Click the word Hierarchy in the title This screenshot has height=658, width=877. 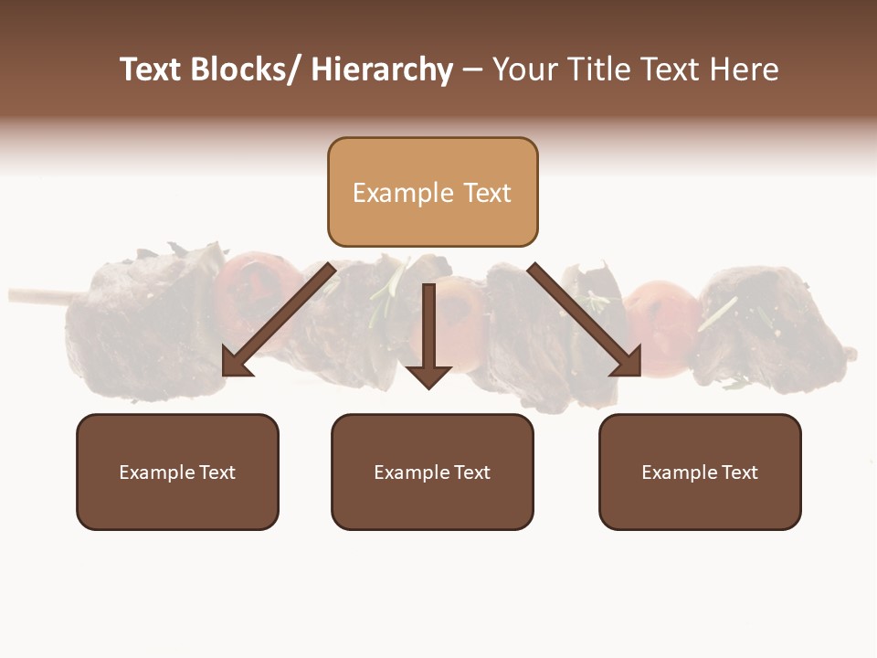382,69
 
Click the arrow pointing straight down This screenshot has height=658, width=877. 428,338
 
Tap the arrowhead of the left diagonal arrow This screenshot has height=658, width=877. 236,363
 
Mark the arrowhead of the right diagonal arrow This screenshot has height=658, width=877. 627,361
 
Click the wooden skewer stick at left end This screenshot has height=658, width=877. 41,295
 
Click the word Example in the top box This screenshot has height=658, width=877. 403,193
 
